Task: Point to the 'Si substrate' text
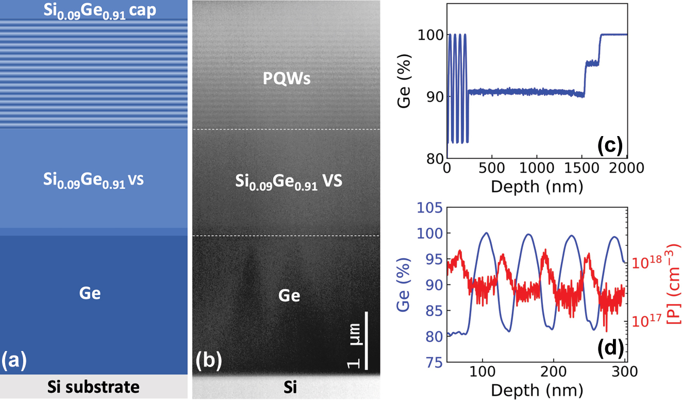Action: (x=93, y=387)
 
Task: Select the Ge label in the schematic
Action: (x=90, y=293)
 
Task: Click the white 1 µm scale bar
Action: (x=367, y=340)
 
